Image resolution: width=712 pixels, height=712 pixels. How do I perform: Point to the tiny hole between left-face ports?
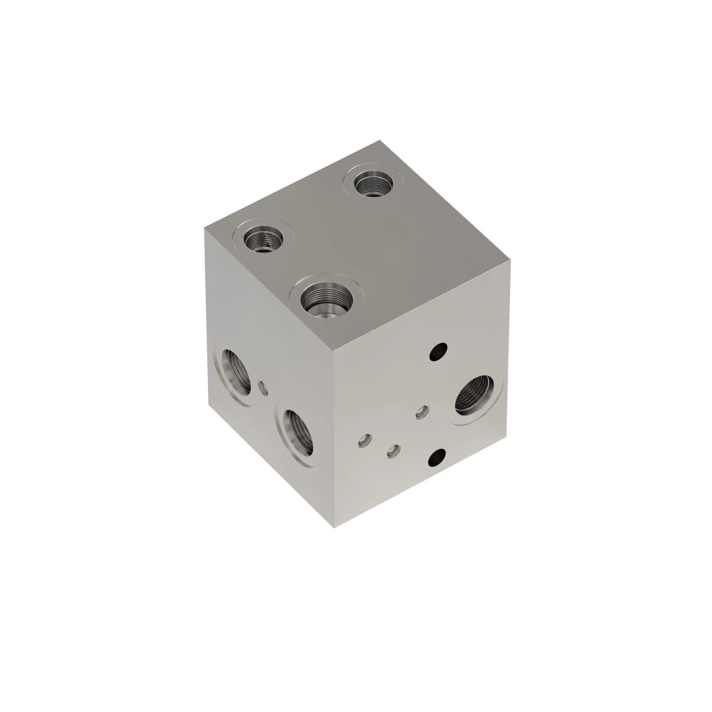263,388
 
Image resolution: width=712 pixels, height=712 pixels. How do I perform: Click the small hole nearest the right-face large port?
422,412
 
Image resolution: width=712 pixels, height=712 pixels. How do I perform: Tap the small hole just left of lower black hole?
394,451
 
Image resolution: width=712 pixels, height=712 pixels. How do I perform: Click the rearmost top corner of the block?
379,141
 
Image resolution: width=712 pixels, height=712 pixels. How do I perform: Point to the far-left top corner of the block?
205,228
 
